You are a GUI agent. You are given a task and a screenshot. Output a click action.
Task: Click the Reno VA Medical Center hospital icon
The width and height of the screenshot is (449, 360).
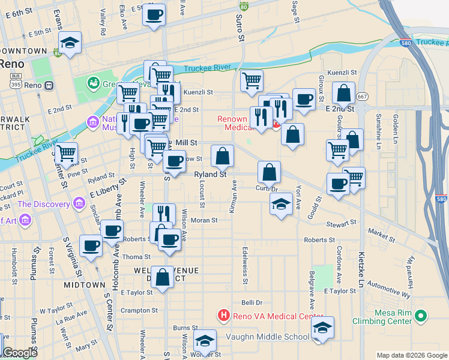pos(224,315)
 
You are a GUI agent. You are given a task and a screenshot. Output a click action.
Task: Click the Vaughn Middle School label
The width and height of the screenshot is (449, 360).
pos(267,337)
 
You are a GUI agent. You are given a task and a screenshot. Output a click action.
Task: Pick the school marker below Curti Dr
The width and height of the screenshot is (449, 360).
pos(281,203)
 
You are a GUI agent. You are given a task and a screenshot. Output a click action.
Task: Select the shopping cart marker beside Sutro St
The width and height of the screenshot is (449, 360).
pos(252,80)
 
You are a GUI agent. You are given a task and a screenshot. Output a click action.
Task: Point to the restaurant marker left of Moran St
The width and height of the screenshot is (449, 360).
pos(164,213)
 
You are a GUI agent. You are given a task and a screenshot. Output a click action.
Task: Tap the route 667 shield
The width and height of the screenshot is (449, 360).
pos(362,97)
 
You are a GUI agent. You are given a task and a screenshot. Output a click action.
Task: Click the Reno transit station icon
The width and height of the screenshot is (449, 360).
pos(49,85)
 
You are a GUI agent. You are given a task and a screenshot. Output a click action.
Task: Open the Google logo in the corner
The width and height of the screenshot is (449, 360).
pos(20,353)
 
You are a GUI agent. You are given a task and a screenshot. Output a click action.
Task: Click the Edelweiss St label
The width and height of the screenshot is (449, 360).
pos(245,259)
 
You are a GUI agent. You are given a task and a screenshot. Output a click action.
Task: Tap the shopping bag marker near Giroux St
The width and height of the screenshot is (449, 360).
pos(343,92)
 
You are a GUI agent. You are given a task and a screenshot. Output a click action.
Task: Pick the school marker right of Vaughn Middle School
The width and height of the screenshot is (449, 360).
pos(322,327)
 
